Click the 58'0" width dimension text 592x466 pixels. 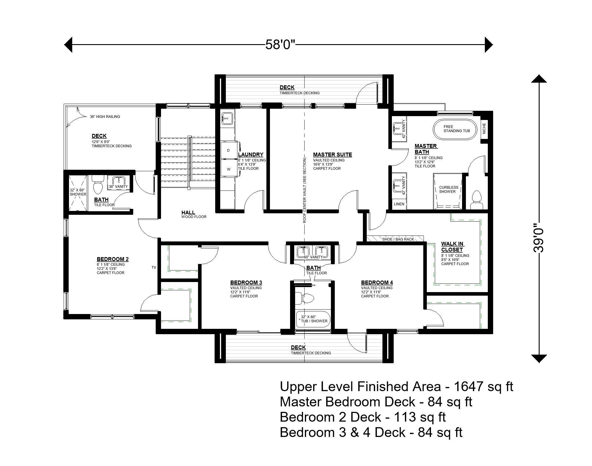tap(280, 45)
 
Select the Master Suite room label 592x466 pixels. tap(332, 154)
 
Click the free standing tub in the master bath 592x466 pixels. tap(455, 129)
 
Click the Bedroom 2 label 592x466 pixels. tap(112, 259)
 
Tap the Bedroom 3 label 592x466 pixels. tap(246, 283)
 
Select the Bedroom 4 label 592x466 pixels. tap(377, 283)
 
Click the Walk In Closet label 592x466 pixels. tap(452, 247)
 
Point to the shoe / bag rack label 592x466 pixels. tap(398, 239)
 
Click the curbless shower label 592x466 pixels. tap(448, 189)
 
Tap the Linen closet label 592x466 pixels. tap(399, 204)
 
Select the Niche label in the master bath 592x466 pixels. tap(484, 128)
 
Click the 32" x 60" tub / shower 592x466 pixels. tap(313, 319)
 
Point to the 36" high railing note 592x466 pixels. tap(105, 117)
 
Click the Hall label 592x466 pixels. tap(188, 212)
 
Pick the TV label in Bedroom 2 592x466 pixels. tap(154, 268)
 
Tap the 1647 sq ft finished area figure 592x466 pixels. tap(483, 387)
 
